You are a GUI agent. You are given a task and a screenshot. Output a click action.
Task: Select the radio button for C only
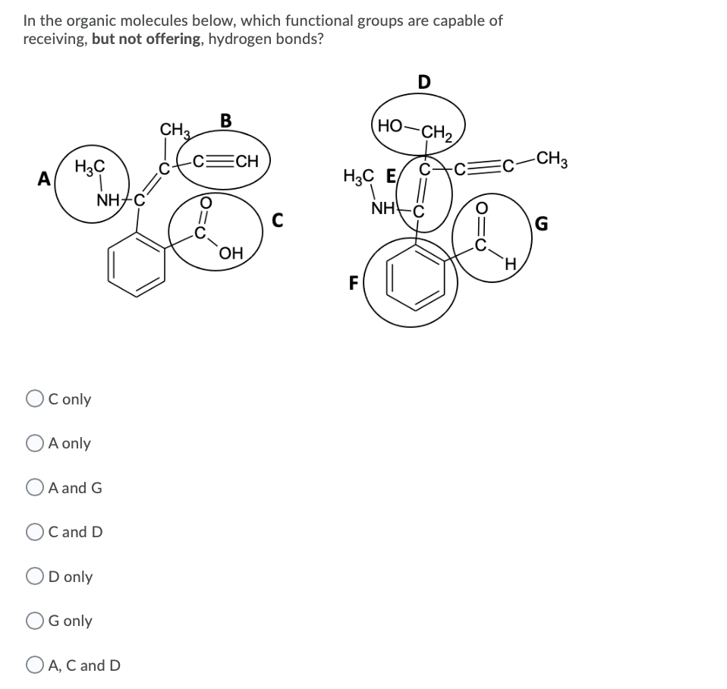tap(34, 399)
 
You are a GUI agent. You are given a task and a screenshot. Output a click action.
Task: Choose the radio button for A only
tap(34, 443)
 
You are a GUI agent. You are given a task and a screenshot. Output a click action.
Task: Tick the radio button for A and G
tap(34, 488)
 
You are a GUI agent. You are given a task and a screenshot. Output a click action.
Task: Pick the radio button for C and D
tap(34, 532)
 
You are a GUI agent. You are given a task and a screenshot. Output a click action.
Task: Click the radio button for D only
tap(34, 577)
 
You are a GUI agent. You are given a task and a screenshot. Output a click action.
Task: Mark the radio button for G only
tap(34, 621)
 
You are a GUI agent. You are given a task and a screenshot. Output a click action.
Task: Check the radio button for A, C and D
tap(34, 665)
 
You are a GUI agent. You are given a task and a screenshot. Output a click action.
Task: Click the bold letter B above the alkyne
tap(225, 120)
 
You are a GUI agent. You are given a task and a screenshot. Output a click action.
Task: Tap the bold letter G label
tap(541, 224)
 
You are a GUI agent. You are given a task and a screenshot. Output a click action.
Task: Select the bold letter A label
tap(45, 179)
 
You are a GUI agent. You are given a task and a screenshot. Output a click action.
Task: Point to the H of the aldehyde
tap(511, 265)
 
